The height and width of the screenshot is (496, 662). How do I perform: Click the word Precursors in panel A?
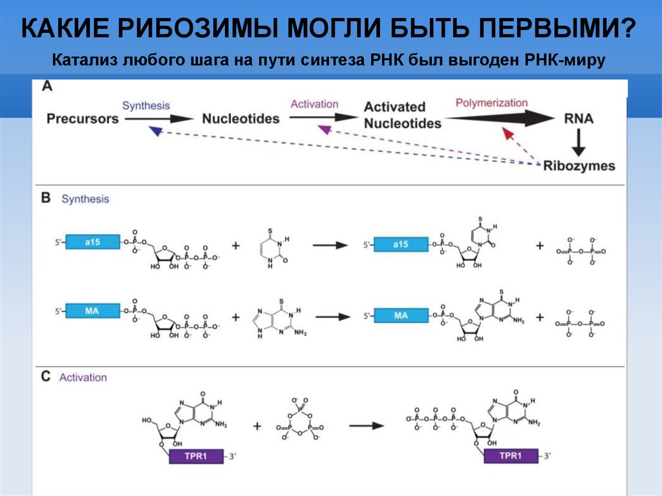(82, 119)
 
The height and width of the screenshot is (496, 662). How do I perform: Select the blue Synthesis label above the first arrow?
(146, 105)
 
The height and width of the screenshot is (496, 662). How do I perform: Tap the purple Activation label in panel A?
(314, 104)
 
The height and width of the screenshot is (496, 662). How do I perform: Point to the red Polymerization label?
(491, 103)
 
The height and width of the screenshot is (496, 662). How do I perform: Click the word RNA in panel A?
(578, 118)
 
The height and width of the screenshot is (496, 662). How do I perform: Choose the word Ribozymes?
(579, 166)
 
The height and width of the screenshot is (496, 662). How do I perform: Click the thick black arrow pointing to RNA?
(497, 118)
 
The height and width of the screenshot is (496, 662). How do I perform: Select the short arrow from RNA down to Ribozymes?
(579, 141)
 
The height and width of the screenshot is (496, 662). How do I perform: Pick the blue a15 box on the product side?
(400, 244)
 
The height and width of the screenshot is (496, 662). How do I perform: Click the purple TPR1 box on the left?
(196, 457)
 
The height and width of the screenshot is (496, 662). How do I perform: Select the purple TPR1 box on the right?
(511, 457)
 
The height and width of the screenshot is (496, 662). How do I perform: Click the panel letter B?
(46, 198)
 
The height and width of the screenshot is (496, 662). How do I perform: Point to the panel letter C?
(46, 376)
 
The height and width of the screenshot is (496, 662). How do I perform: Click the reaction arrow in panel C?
(366, 426)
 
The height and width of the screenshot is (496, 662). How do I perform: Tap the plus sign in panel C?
(257, 426)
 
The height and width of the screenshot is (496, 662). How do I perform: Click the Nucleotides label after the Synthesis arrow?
(240, 119)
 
